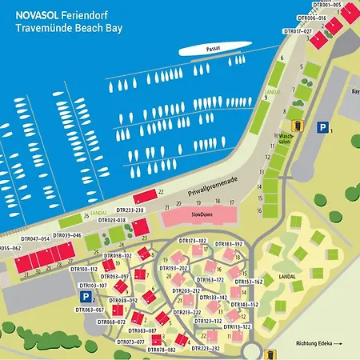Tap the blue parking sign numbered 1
[322, 126]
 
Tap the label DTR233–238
[128, 210]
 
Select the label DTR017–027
[298, 31]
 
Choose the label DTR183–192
[228, 243]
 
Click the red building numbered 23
[141, 228]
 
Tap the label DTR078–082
[160, 350]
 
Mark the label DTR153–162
[248, 282]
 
